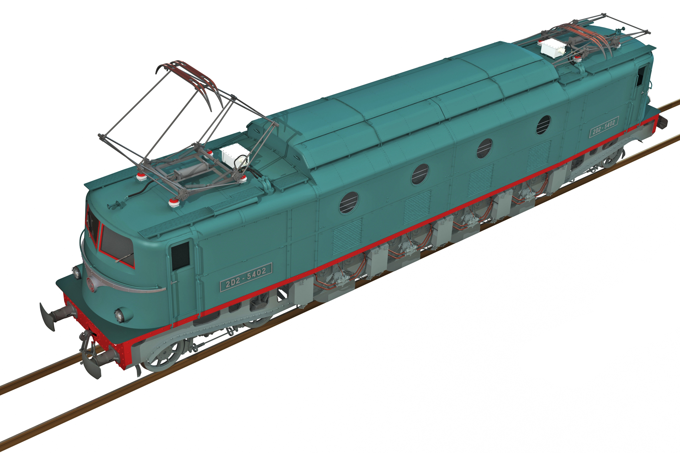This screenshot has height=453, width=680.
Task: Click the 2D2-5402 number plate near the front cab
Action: tap(246, 278)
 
